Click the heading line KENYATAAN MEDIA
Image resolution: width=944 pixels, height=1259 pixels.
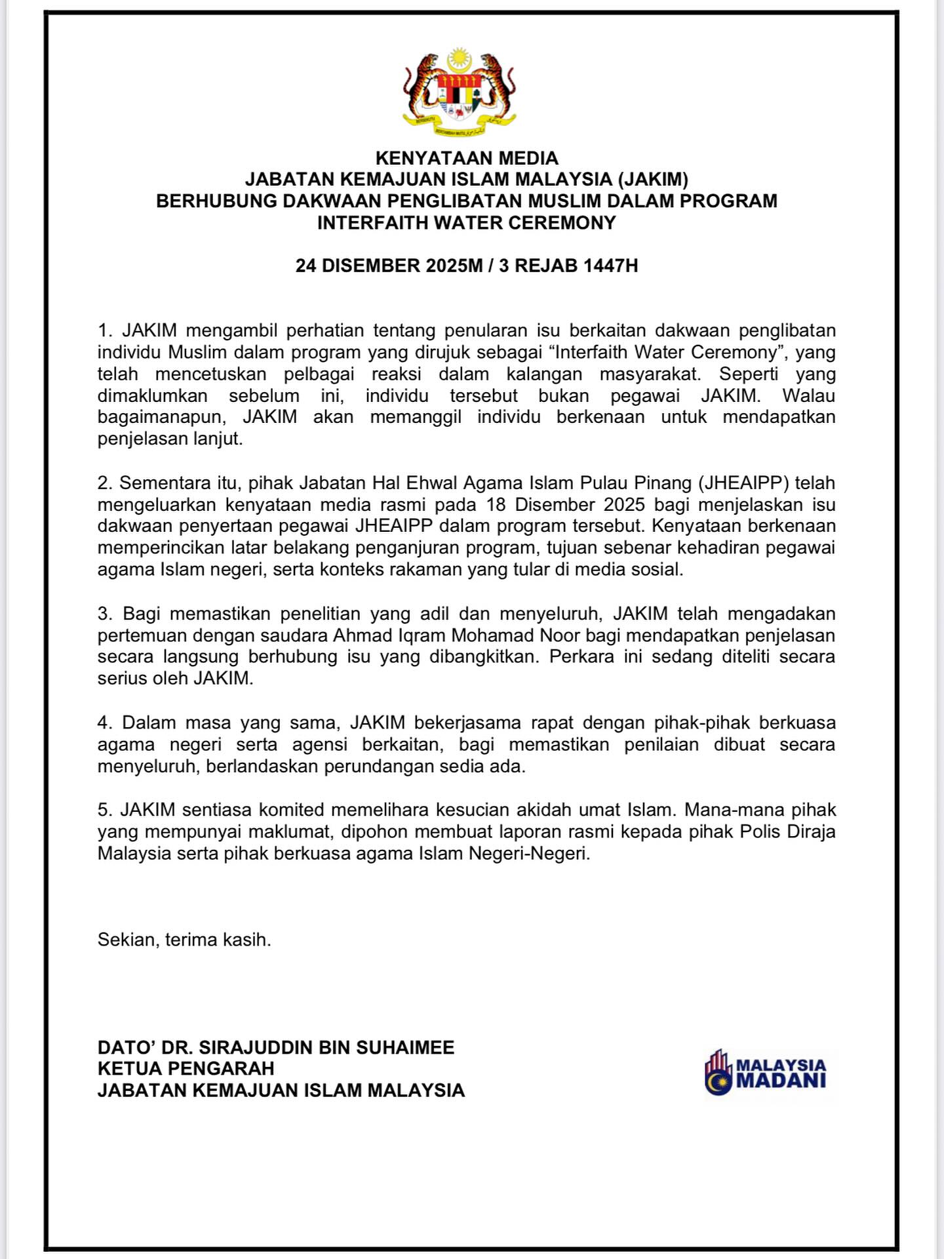click(x=467, y=158)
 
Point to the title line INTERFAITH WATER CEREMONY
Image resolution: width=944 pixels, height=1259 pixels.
click(x=467, y=223)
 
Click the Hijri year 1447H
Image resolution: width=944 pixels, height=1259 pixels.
click(x=610, y=266)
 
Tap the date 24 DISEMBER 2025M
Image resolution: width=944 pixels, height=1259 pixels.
click(x=389, y=266)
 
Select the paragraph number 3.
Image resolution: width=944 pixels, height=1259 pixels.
click(x=105, y=614)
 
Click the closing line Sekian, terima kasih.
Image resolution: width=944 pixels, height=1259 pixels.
click(x=184, y=940)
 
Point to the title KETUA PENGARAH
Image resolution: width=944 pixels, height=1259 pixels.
click(x=186, y=1069)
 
